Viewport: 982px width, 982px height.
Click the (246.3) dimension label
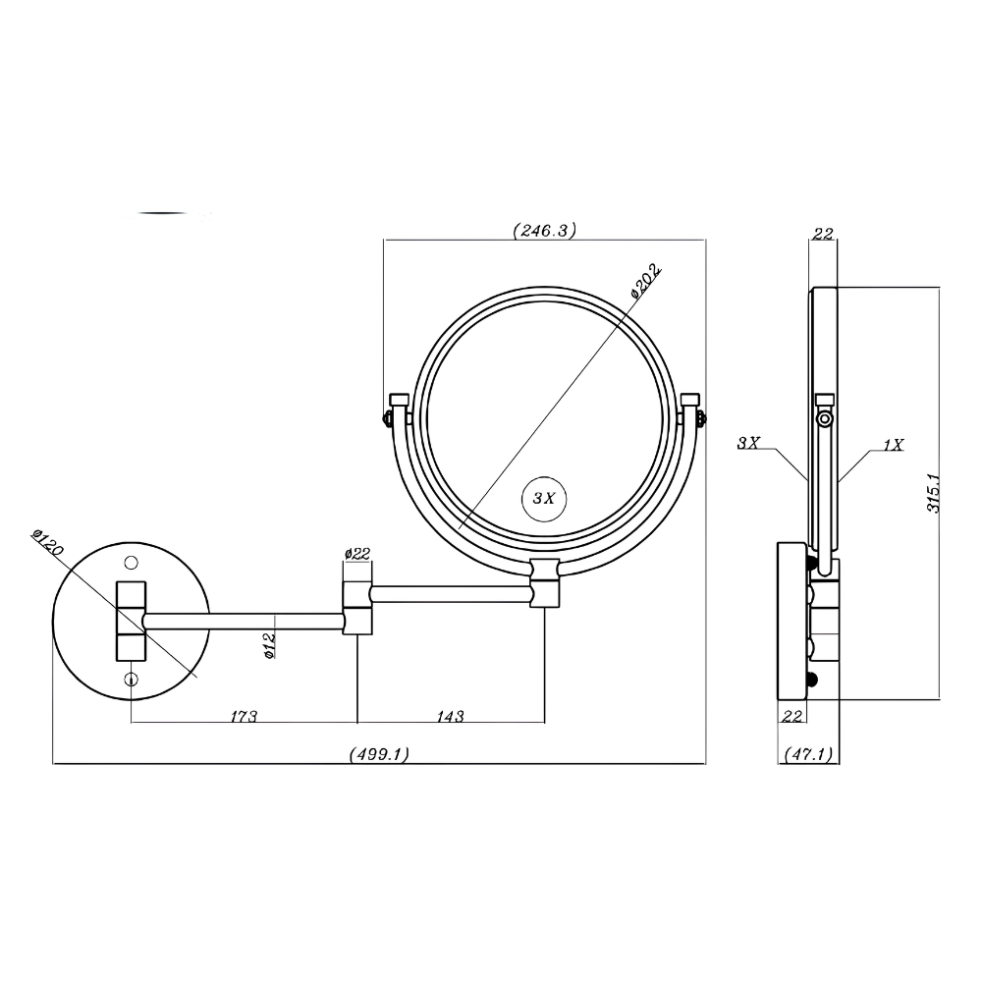(544, 231)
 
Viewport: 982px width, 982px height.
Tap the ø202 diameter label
(645, 280)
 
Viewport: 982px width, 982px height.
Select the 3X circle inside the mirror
(544, 499)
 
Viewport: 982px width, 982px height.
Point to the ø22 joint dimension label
(357, 554)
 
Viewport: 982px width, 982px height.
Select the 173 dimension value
(244, 716)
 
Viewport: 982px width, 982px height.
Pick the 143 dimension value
(451, 716)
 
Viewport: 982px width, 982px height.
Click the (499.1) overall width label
(379, 754)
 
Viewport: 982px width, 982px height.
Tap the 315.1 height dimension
(934, 493)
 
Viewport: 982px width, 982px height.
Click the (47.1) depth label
(808, 754)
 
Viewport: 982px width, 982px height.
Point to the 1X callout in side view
(894, 445)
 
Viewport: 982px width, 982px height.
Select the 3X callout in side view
(748, 443)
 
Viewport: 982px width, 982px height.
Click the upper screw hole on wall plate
(131, 564)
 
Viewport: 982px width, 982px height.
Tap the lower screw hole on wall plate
(131, 679)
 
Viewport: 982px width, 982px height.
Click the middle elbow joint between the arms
(357, 608)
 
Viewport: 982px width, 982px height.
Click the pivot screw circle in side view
(825, 418)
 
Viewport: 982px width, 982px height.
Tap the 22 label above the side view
(823, 234)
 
